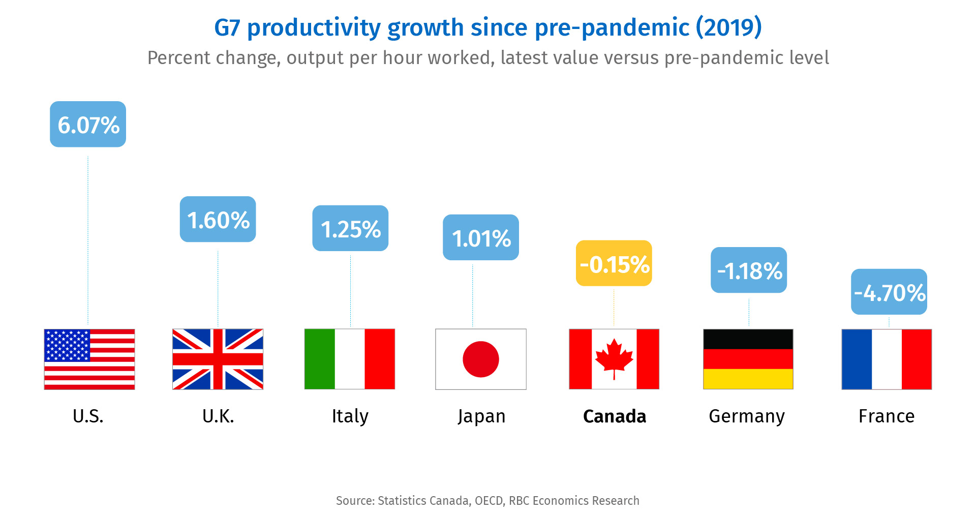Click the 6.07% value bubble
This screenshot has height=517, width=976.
click(88, 125)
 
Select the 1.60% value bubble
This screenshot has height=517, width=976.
click(218, 220)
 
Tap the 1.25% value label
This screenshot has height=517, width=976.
click(350, 229)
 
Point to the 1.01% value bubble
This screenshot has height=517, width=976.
click(481, 238)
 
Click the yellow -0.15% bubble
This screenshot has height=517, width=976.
click(614, 264)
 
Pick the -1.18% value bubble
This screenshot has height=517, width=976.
click(749, 270)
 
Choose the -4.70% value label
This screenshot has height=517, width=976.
click(889, 292)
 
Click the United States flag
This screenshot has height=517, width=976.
click(89, 359)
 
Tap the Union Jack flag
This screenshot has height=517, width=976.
click(218, 359)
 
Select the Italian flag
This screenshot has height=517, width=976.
click(350, 359)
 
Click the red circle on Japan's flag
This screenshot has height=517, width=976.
click(481, 359)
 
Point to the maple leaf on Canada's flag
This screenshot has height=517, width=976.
click(614, 357)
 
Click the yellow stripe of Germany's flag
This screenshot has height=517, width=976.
click(748, 379)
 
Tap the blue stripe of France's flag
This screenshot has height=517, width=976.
click(857, 359)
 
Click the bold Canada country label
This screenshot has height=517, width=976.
click(615, 416)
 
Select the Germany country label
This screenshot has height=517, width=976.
click(747, 416)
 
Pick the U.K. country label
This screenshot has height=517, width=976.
click(218, 416)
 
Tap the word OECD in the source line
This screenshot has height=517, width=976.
click(489, 501)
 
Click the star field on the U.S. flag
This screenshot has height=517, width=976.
click(67, 346)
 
